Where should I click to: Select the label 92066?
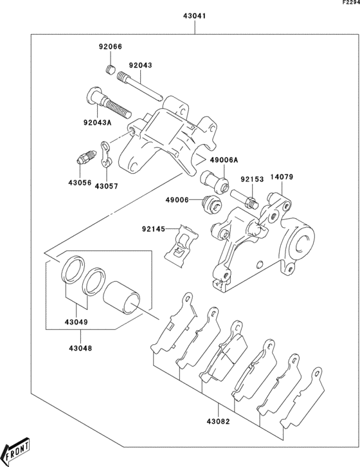point(110,47)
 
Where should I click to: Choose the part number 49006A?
point(222,161)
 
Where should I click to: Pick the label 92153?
point(252,179)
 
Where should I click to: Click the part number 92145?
point(154,228)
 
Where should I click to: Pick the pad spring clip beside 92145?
point(182,245)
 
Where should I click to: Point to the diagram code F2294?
point(350,3)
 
